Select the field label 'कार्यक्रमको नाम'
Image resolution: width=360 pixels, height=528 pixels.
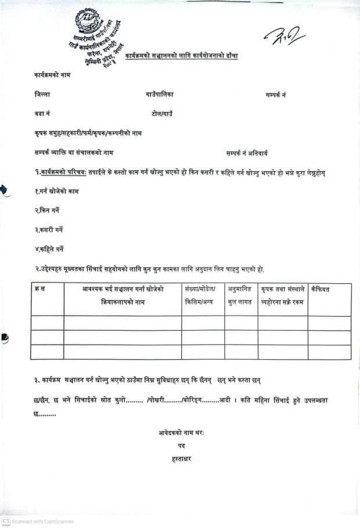pos(52,75)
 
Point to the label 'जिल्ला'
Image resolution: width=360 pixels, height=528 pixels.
pos(42,94)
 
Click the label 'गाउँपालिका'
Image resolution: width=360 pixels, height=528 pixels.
pos(160,94)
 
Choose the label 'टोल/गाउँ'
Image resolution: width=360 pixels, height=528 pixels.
pos(162,114)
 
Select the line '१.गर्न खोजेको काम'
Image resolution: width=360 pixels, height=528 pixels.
pos(56,191)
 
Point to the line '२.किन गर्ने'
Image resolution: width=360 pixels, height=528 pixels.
pos(47,210)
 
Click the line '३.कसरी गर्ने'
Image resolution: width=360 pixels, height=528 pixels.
pos(49,230)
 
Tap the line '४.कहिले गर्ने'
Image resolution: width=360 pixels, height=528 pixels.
pos(49,249)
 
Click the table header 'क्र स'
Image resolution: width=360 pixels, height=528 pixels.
pos(39,290)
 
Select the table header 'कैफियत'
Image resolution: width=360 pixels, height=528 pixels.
pos(321,289)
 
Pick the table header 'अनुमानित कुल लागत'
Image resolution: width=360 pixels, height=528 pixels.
pos(241,295)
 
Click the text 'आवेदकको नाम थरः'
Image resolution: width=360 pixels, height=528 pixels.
pos(181,432)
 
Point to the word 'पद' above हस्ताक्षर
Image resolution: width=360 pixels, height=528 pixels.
pos(181,446)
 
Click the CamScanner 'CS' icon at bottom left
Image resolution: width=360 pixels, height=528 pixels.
pos(6,521)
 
